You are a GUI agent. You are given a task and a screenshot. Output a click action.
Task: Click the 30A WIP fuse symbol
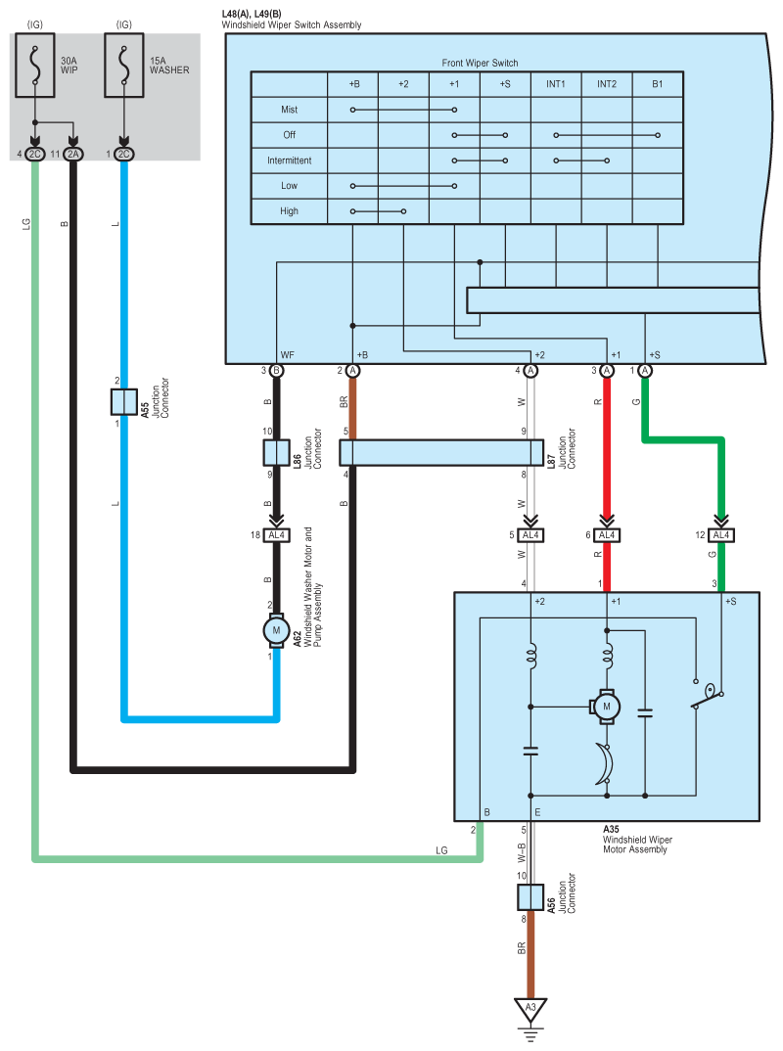click(x=35, y=65)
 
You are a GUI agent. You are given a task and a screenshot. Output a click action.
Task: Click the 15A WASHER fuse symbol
click(x=124, y=65)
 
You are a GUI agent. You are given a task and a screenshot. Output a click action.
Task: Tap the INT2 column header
click(x=607, y=84)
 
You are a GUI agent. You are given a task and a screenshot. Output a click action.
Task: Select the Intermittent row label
click(x=289, y=160)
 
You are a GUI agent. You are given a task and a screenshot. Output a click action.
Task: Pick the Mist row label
click(x=289, y=110)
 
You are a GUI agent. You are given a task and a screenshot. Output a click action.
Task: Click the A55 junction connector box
click(x=124, y=402)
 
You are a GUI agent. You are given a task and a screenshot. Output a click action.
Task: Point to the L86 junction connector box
click(x=276, y=453)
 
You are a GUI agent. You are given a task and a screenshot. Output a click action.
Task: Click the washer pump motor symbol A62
click(x=276, y=631)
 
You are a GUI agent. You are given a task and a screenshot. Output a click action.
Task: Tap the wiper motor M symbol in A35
click(x=605, y=707)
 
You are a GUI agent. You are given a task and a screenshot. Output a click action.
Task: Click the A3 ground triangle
click(x=530, y=1009)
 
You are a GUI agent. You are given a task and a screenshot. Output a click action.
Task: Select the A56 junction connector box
click(x=530, y=897)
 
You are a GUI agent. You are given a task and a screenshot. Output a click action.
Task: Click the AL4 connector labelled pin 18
click(x=276, y=535)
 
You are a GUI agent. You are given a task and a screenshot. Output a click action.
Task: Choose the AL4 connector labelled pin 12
click(x=721, y=535)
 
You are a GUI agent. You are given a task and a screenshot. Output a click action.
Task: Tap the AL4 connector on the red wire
click(x=607, y=535)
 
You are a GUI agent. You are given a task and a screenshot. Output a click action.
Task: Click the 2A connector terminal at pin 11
click(x=73, y=155)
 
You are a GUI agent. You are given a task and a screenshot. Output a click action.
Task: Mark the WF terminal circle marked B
click(x=276, y=371)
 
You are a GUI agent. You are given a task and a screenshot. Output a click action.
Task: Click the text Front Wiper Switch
click(x=480, y=63)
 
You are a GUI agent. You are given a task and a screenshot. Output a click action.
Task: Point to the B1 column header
click(x=658, y=84)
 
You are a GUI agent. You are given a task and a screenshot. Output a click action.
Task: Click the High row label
click(x=289, y=211)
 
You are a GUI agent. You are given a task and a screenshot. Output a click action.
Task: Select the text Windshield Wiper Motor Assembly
click(x=637, y=845)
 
